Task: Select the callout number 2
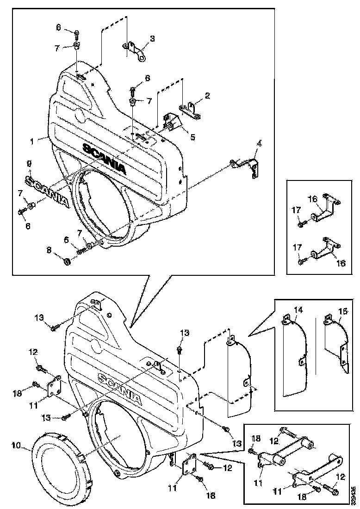(x=207, y=96)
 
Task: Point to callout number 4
(x=260, y=144)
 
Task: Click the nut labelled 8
(x=67, y=262)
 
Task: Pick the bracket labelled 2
(x=191, y=111)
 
